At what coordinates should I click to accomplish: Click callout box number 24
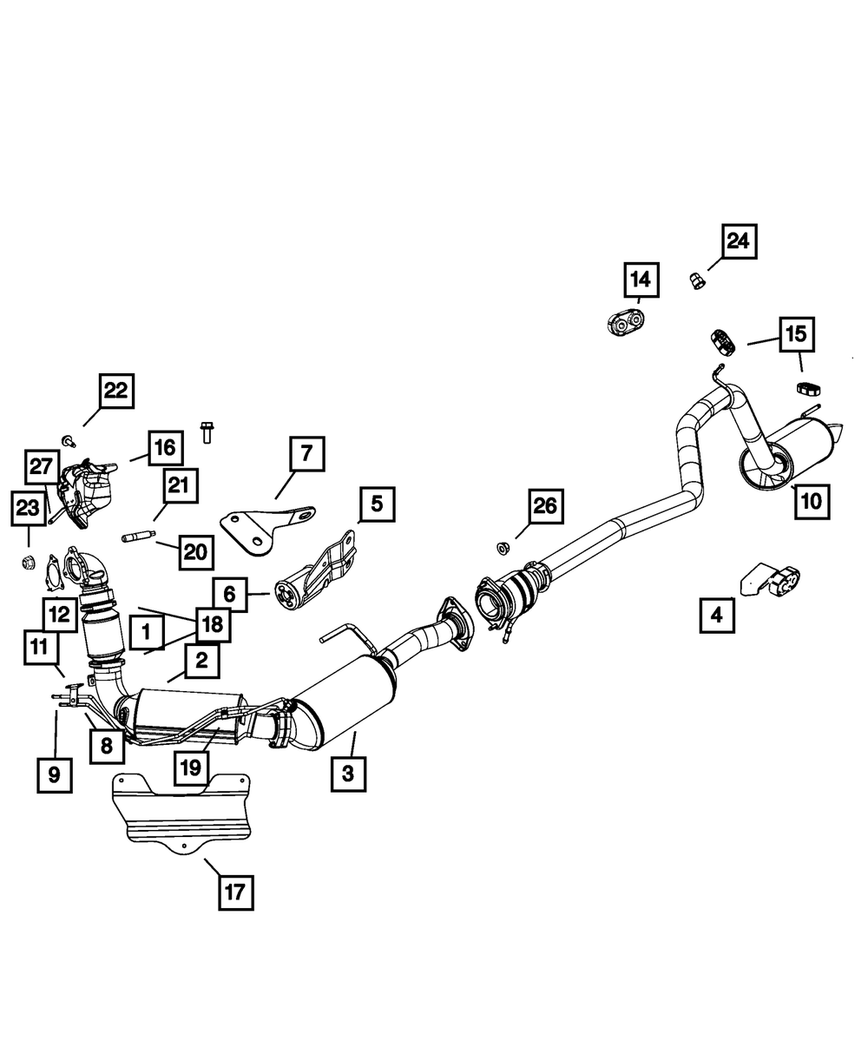tap(738, 240)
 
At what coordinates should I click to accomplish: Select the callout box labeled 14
tap(641, 280)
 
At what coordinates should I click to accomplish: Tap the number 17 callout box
tap(236, 891)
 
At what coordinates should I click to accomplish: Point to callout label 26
tap(545, 505)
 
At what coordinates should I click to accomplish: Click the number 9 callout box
tap(55, 774)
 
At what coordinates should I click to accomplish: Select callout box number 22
tap(115, 391)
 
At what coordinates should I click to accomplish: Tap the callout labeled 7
tap(306, 453)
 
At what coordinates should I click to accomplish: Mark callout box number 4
tap(717, 616)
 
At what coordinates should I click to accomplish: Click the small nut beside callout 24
tap(697, 280)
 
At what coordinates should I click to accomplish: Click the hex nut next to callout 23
tap(28, 563)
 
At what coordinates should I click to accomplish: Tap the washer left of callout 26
tap(503, 547)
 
